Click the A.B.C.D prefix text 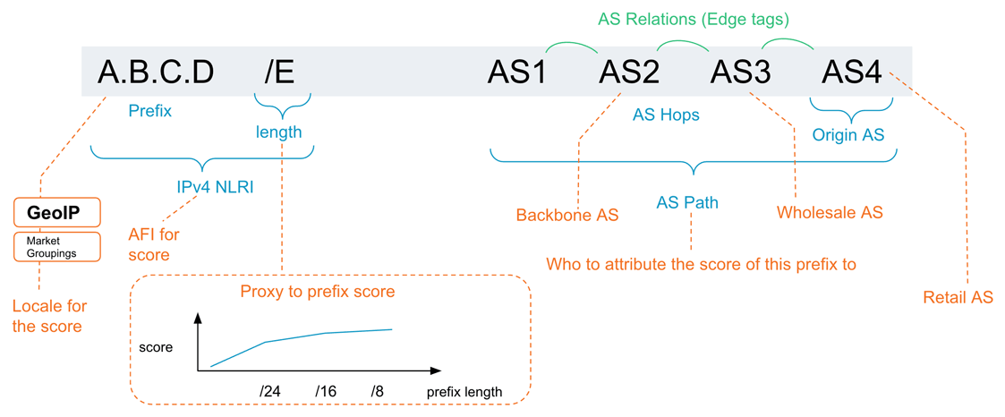coord(156,72)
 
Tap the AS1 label coord(517,72)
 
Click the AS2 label coord(629,72)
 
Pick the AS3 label coord(741,72)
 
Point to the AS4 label coord(852,72)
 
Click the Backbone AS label coord(567,215)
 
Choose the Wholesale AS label coord(830,213)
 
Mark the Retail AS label coord(958,297)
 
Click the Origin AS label coord(848,135)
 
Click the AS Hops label coord(666,115)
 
